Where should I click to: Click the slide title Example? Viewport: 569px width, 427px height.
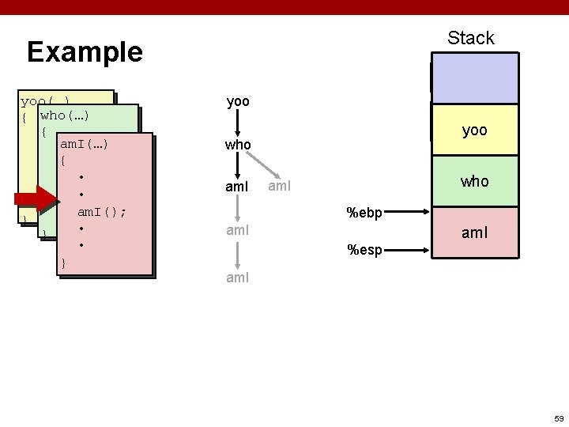85,52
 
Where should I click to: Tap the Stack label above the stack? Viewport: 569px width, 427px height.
470,38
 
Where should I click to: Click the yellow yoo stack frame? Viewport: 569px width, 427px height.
474,131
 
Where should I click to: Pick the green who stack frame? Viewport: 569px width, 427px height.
474,181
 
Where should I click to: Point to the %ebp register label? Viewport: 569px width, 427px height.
364,211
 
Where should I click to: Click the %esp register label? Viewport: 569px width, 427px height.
364,251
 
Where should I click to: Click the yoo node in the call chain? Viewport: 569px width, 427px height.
237,102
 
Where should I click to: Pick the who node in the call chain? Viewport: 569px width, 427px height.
238,145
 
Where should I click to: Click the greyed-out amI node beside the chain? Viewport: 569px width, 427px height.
281,187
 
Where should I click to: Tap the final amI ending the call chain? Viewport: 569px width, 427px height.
238,278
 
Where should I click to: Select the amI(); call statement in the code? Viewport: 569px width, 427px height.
102,213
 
